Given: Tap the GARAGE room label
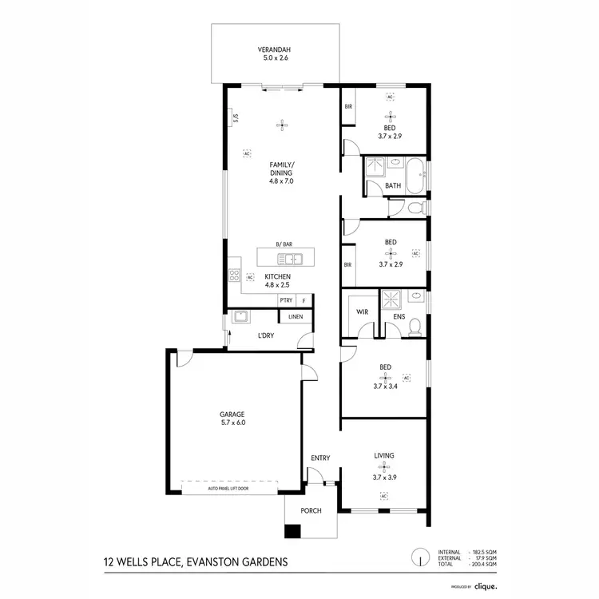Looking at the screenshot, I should tap(232, 414).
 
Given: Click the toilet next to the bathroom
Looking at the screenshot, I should tap(412, 208).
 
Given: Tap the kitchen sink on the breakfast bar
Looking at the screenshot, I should tap(288, 258).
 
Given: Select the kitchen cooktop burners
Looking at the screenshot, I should tap(236, 275).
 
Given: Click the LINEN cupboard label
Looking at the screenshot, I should tap(296, 317).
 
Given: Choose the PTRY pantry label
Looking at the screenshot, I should tap(287, 300).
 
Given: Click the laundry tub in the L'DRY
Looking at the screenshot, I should tap(238, 318).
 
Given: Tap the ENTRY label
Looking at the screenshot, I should tap(320, 458).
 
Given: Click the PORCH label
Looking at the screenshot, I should tap(311, 510).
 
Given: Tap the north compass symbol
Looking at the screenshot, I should tap(416, 557).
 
